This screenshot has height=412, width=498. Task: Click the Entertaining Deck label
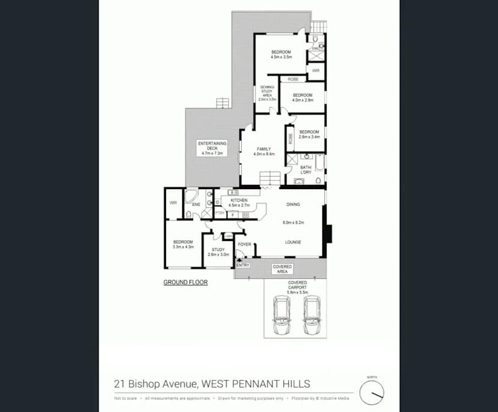click(212, 148)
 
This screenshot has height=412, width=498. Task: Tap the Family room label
click(263, 151)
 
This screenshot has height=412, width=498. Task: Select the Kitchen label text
click(239, 202)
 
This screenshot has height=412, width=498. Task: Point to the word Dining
click(293, 205)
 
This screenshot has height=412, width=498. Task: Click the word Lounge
click(293, 242)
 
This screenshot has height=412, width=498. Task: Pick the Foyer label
click(244, 244)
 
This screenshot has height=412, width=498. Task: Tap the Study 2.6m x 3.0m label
click(218, 252)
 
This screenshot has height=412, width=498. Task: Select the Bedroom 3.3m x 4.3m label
click(183, 244)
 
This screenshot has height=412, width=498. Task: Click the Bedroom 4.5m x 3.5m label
click(281, 54)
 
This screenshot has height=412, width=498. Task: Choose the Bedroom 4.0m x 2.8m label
click(303, 98)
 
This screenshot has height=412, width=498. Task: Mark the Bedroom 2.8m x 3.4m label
click(309, 134)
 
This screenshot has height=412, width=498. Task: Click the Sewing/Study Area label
click(267, 93)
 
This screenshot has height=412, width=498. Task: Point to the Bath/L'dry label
click(306, 169)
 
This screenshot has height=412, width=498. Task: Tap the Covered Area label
click(282, 269)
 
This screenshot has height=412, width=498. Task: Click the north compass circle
click(371, 393)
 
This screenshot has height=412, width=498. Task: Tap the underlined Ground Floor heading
click(186, 282)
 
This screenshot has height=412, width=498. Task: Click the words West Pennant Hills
click(256, 383)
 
